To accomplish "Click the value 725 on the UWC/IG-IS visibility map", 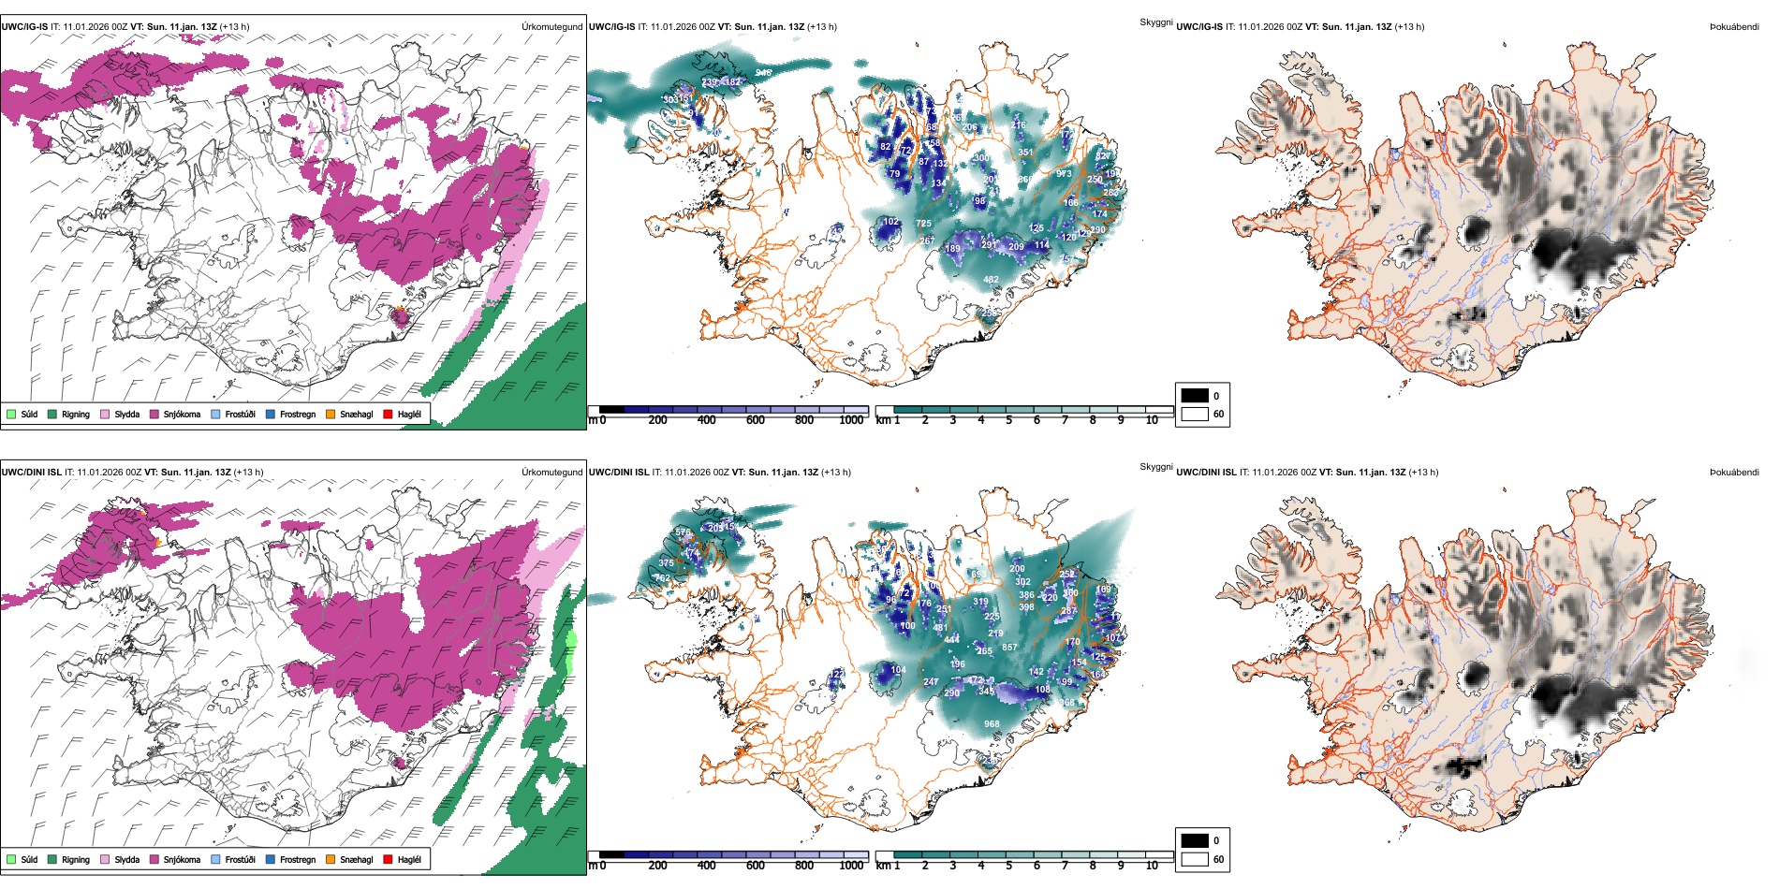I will [x=923, y=224].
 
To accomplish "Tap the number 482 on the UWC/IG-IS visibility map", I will [x=991, y=280].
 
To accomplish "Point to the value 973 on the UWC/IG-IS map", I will [x=1064, y=174].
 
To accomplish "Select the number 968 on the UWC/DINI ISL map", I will [x=992, y=724].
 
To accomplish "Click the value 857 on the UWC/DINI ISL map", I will [x=1009, y=648].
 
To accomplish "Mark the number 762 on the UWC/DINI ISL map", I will [x=662, y=578].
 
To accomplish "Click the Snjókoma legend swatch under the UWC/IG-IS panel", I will [x=154, y=414].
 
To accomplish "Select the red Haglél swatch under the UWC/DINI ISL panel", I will [x=388, y=859].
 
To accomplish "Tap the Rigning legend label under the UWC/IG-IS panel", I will [x=76, y=415].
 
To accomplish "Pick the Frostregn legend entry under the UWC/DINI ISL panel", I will [x=297, y=860].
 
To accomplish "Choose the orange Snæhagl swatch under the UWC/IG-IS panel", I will [x=331, y=414].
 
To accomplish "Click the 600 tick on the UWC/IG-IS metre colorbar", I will [x=755, y=421].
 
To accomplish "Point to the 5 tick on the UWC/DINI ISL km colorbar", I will [x=1008, y=866].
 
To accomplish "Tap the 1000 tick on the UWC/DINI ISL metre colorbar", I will [x=851, y=866].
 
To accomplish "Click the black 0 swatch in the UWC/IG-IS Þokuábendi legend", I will [x=1195, y=395].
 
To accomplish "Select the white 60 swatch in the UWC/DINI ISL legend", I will [x=1195, y=858].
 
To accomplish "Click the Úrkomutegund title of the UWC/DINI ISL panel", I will [x=551, y=473].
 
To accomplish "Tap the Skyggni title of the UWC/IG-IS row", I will [x=1155, y=22].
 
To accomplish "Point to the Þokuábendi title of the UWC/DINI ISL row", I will [x=1733, y=473].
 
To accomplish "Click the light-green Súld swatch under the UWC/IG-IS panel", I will [x=11, y=414].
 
